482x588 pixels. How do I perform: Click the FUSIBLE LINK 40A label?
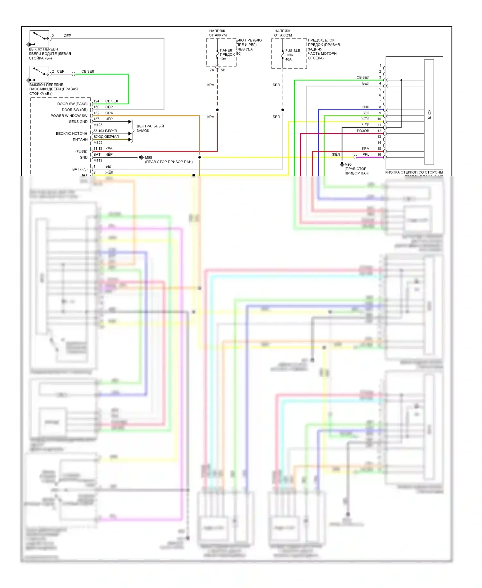pos(292,55)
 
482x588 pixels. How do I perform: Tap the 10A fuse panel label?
pos(227,54)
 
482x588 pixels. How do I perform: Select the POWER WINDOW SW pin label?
pos(69,116)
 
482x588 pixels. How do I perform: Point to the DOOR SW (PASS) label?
pos(72,104)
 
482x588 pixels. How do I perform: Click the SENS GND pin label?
pos(78,122)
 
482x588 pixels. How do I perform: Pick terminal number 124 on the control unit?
pos(96,101)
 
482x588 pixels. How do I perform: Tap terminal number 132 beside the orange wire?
pos(96,113)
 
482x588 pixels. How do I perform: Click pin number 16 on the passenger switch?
pos(379,154)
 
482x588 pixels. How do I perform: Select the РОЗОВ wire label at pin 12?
pos(363,131)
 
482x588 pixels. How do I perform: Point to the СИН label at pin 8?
pos(365,107)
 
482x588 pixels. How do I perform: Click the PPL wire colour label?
pos(366,154)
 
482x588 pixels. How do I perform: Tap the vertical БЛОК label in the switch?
pos(429,114)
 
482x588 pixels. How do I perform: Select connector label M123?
pos(98,125)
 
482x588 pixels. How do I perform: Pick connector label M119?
pos(98,160)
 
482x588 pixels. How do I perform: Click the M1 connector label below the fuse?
pos(223,70)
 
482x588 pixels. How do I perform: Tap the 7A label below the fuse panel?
pos(212,70)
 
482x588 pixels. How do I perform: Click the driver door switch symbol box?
pos(39,39)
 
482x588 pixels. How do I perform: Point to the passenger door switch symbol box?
pos(39,74)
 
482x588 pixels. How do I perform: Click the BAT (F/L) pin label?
pos(80,169)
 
